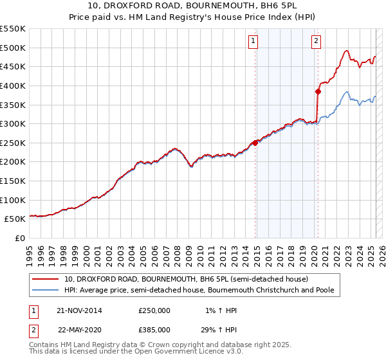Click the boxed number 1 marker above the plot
[253, 41]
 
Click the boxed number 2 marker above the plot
[317, 41]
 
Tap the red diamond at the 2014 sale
[255, 143]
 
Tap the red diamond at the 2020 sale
[318, 91]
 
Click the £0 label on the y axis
[19, 238]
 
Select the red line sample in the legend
[45, 279]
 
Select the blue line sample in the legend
[45, 290]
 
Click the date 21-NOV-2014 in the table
[80, 310]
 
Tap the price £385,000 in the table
[154, 329]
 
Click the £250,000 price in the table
[154, 310]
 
